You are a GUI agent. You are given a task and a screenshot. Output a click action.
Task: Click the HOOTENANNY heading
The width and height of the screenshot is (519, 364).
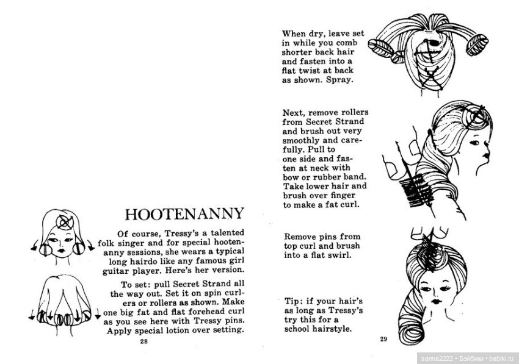184,214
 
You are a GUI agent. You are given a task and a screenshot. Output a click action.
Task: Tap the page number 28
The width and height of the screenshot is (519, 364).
144,341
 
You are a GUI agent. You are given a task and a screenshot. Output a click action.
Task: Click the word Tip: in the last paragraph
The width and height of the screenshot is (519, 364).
294,301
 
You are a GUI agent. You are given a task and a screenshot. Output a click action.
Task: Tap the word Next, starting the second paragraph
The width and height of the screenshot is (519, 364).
294,113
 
